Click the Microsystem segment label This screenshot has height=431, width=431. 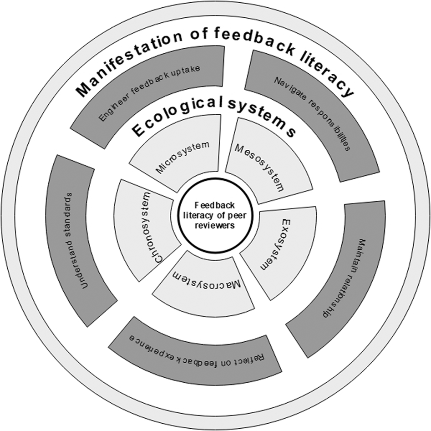tap(183, 157)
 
